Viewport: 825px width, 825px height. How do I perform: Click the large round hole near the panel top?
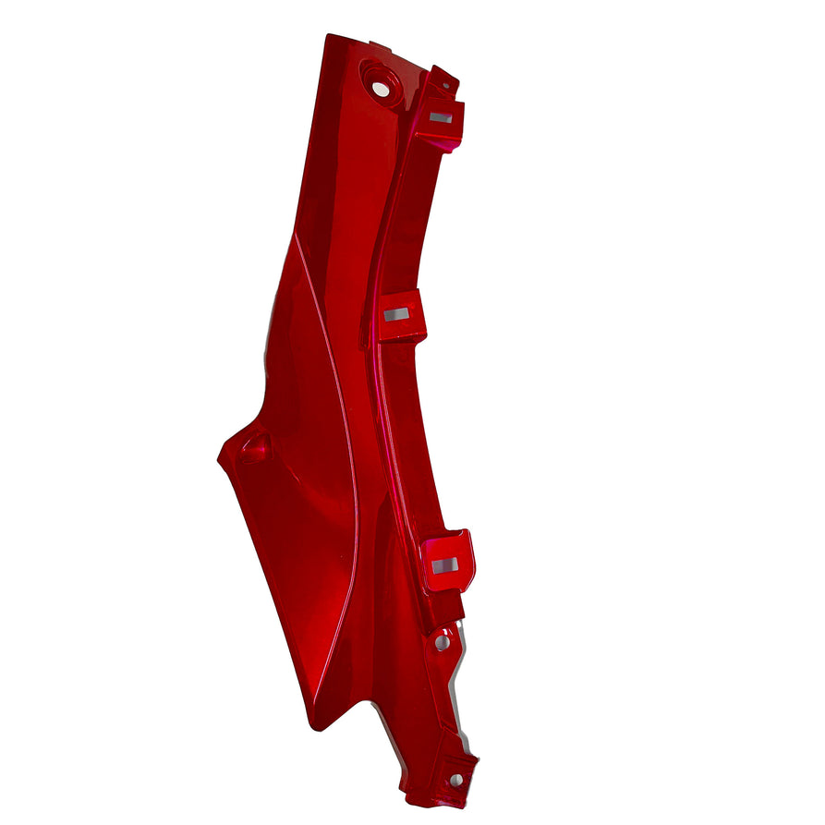[381, 89]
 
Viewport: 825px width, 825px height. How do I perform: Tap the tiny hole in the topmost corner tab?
[446, 84]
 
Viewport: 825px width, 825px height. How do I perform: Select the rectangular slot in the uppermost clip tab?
[441, 117]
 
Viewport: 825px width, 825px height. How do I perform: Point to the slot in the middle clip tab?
[397, 315]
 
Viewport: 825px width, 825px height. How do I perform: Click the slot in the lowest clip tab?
[444, 564]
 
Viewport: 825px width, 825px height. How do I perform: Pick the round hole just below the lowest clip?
[443, 641]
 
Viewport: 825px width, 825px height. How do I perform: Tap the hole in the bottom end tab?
[455, 781]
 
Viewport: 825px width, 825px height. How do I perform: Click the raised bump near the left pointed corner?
[254, 449]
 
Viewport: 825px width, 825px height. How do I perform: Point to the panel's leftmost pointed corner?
[219, 455]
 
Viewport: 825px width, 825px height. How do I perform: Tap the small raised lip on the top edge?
[380, 43]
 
